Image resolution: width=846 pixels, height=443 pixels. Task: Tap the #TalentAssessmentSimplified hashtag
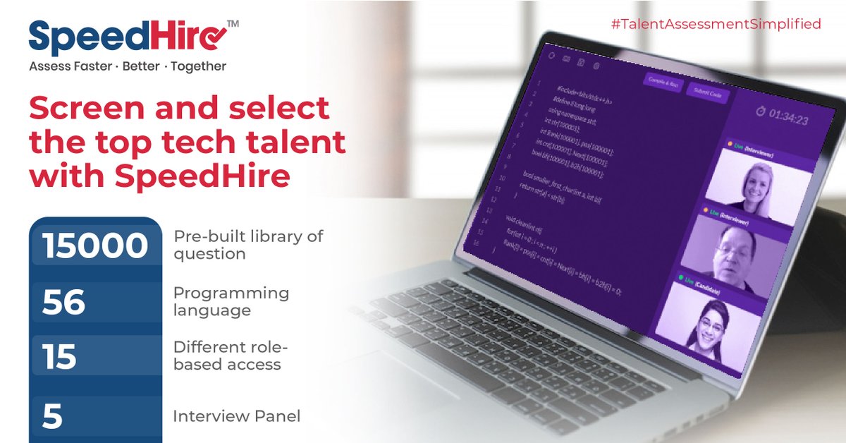[x=716, y=24]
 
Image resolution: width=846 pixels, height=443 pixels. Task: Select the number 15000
[x=94, y=246]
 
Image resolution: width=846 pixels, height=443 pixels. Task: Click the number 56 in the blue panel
[x=63, y=302]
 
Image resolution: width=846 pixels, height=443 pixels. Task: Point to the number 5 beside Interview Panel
[x=52, y=416]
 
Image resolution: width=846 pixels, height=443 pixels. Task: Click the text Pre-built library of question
[x=247, y=244]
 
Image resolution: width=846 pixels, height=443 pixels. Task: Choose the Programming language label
[x=231, y=301]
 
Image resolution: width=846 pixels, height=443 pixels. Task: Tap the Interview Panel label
[x=236, y=416]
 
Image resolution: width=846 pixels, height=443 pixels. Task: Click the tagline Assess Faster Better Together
[x=128, y=66]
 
